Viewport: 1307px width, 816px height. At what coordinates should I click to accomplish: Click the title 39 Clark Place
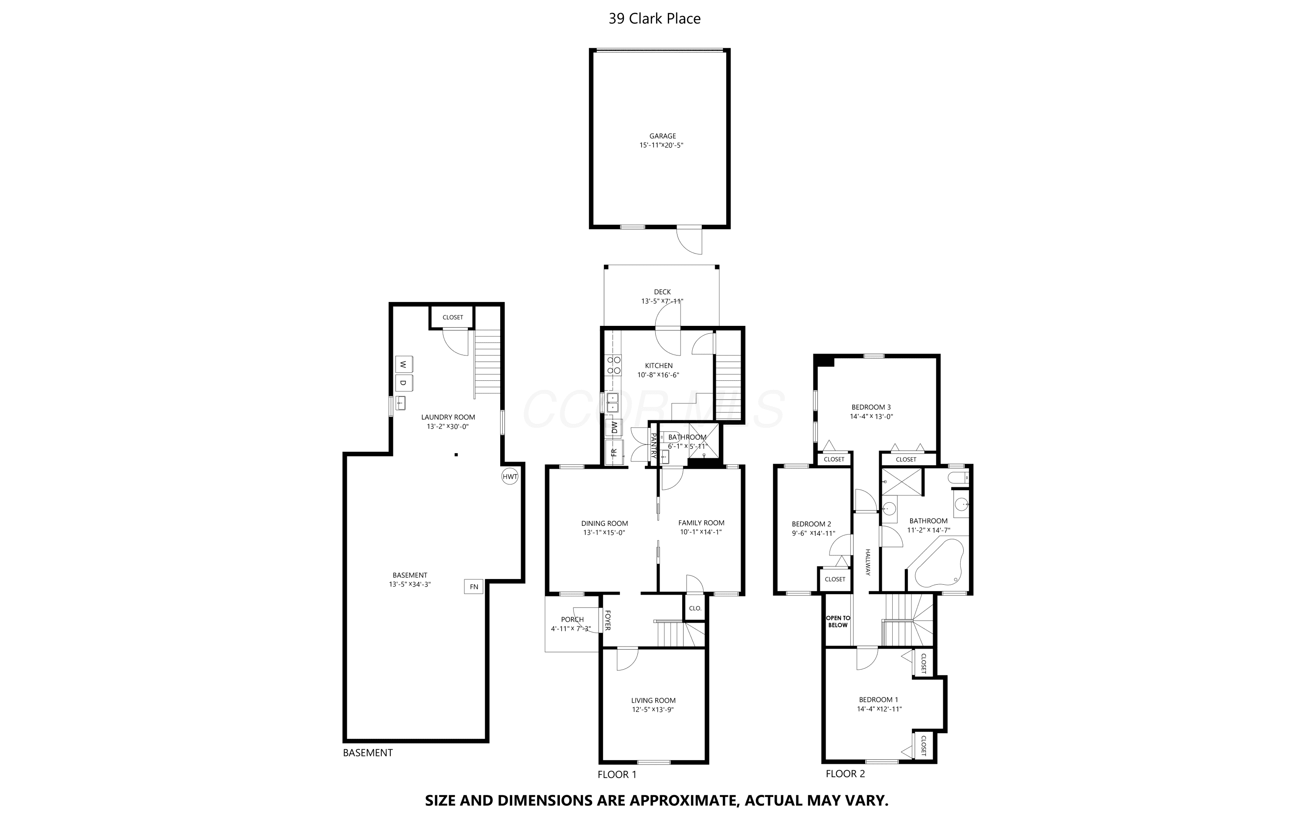click(x=654, y=18)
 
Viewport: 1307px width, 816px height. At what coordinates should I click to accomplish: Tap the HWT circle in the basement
click(x=510, y=477)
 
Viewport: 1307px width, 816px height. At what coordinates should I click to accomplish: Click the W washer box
click(x=404, y=364)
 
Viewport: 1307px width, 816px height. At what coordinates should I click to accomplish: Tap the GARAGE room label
click(x=663, y=136)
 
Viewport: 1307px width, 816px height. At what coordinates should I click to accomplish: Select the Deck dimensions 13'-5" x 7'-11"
click(x=662, y=301)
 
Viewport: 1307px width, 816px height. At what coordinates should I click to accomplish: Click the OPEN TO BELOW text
click(x=838, y=622)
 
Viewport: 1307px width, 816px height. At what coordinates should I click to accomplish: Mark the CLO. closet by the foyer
click(x=695, y=608)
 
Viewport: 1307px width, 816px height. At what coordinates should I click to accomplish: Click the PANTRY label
click(x=653, y=446)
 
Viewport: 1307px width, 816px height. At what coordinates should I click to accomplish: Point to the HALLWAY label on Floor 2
click(x=868, y=562)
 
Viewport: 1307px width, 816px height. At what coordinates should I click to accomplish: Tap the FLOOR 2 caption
click(x=845, y=773)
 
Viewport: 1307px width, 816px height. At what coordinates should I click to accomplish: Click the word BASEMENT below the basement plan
click(x=368, y=753)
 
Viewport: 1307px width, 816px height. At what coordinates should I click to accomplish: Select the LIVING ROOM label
click(x=653, y=701)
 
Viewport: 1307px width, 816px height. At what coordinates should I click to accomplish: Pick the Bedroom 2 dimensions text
click(x=813, y=534)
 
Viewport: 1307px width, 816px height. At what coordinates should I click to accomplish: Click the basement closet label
click(x=453, y=317)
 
